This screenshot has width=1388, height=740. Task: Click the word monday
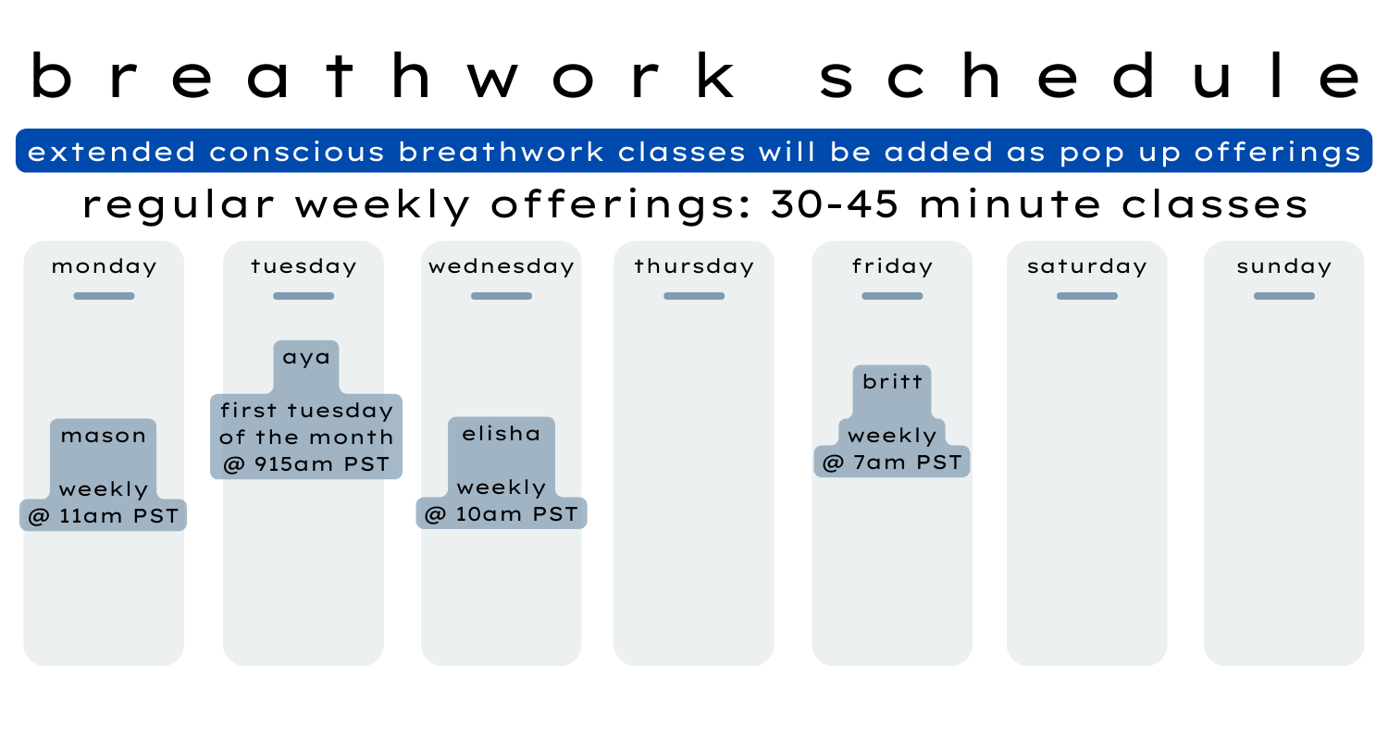104,267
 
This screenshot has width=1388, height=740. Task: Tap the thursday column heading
694,267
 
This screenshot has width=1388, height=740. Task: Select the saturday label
1087,267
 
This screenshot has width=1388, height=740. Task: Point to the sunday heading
1284,267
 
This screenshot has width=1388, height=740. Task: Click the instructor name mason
104,436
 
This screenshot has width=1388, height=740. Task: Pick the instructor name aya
306,357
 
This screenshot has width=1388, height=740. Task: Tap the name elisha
502,434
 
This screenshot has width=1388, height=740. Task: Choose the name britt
892,381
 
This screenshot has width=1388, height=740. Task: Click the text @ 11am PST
104,516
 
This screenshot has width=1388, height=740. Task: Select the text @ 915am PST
306,464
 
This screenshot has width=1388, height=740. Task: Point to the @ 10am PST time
502,514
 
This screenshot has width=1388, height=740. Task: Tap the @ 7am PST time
892,462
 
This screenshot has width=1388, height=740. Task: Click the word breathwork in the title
383,76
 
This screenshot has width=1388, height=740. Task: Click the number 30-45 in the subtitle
835,203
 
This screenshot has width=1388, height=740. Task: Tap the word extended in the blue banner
112,152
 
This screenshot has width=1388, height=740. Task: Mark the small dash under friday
892,296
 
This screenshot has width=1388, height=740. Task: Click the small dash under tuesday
304,296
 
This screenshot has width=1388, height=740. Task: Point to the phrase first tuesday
306,410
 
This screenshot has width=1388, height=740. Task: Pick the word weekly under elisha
502,488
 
